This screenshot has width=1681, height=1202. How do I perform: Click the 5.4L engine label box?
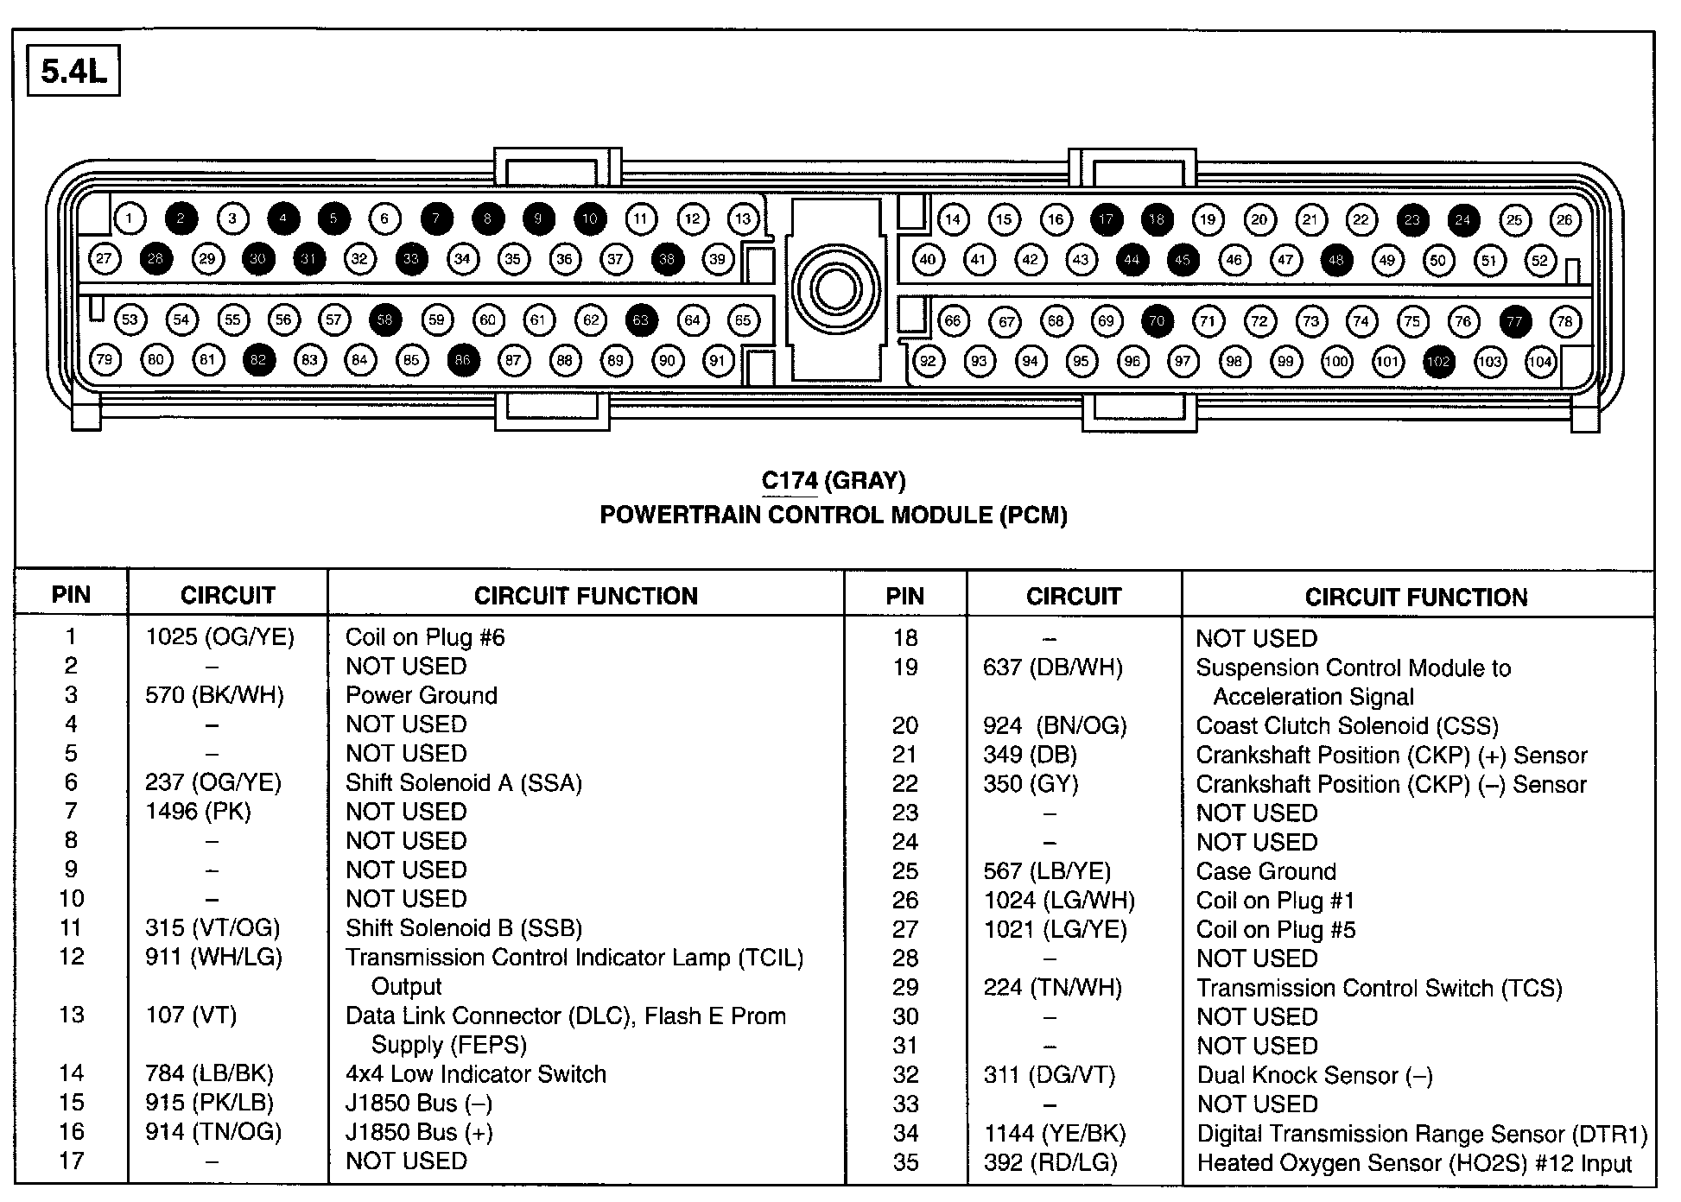pyautogui.click(x=73, y=73)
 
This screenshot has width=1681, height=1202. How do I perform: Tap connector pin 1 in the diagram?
pyautogui.click(x=130, y=218)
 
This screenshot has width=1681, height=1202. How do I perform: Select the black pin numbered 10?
pyautogui.click(x=589, y=218)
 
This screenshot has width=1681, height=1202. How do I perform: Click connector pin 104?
pyautogui.click(x=1540, y=362)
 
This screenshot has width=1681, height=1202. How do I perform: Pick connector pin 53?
pyautogui.click(x=130, y=319)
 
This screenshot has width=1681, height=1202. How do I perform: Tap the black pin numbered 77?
pyautogui.click(x=1514, y=321)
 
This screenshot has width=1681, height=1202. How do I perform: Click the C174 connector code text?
pyautogui.click(x=789, y=481)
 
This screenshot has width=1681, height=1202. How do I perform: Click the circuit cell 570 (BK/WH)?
pyautogui.click(x=214, y=695)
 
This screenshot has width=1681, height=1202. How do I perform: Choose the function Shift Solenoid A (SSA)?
pyautogui.click(x=463, y=782)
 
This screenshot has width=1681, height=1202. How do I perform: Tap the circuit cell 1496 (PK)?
pyautogui.click(x=198, y=812)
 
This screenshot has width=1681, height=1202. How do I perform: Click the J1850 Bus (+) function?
pyautogui.click(x=418, y=1132)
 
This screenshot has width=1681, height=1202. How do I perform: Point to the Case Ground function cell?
pyautogui.click(x=1266, y=871)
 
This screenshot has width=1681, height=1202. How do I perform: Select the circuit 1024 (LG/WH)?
pyautogui.click(x=1059, y=901)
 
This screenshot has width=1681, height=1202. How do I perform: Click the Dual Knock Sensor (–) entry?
pyautogui.click(x=1314, y=1075)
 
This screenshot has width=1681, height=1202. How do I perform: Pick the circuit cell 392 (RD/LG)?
pyautogui.click(x=1050, y=1163)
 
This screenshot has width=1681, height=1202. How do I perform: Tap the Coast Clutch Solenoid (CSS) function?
pyautogui.click(x=1347, y=725)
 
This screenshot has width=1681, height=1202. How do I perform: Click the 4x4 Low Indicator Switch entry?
pyautogui.click(x=475, y=1074)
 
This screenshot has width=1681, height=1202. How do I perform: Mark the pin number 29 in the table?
pyautogui.click(x=904, y=988)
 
